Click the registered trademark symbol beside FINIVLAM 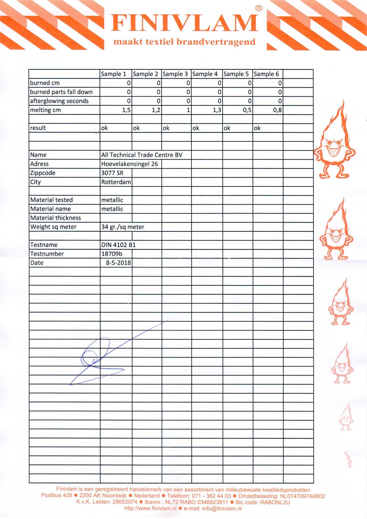tap(259, 8)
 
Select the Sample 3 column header tap(175, 74)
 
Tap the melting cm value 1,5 tap(126, 110)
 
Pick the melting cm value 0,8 tap(277, 110)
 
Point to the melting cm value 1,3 tap(217, 110)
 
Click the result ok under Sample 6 tap(257, 128)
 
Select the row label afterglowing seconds tap(59, 101)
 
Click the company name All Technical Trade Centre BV tap(142, 155)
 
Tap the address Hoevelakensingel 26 tap(129, 164)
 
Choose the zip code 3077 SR tap(112, 173)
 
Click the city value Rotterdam tap(116, 182)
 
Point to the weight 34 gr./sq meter tap(123, 227)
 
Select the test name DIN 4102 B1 tap(118, 245)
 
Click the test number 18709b tap(112, 254)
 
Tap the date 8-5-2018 tap(118, 263)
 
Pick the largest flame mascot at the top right tap(334, 141)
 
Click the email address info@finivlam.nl tap(222, 508)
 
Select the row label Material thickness tap(56, 218)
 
